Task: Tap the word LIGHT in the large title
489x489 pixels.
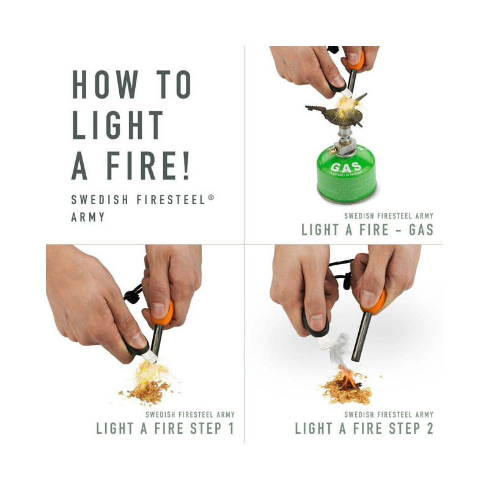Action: (x=118, y=125)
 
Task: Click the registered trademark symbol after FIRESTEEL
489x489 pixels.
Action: (x=211, y=197)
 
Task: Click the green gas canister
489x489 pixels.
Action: (x=345, y=174)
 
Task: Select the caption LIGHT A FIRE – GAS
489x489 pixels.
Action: (x=367, y=230)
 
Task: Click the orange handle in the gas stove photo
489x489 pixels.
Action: (x=355, y=60)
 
